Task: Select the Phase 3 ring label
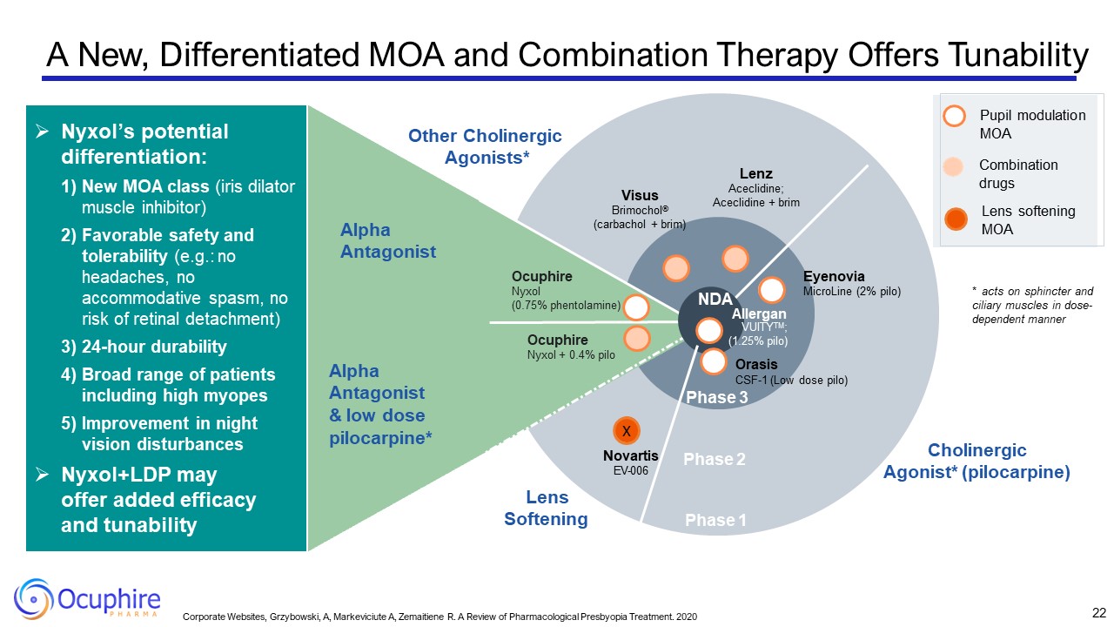point(716,397)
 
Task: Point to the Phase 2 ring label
point(715,459)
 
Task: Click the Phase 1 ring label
point(715,520)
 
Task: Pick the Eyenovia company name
point(834,276)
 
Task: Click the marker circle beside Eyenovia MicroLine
point(772,290)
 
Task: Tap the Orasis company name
point(756,364)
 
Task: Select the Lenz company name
point(755,173)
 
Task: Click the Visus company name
point(640,195)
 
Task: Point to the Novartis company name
point(630,455)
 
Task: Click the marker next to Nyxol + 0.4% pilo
point(636,338)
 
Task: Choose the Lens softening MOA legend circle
point(956,219)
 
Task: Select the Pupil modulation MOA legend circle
point(956,116)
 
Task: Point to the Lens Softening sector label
point(547,509)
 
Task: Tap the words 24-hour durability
point(154,347)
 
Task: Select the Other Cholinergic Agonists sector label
point(485,146)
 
